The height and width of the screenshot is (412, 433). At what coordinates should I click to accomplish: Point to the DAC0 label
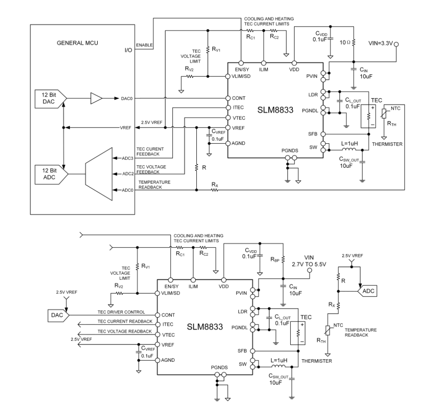(x=127, y=99)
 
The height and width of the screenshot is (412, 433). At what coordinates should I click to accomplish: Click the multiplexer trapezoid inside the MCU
(x=98, y=174)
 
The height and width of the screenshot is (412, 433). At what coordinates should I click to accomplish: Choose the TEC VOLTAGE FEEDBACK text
(x=150, y=169)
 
